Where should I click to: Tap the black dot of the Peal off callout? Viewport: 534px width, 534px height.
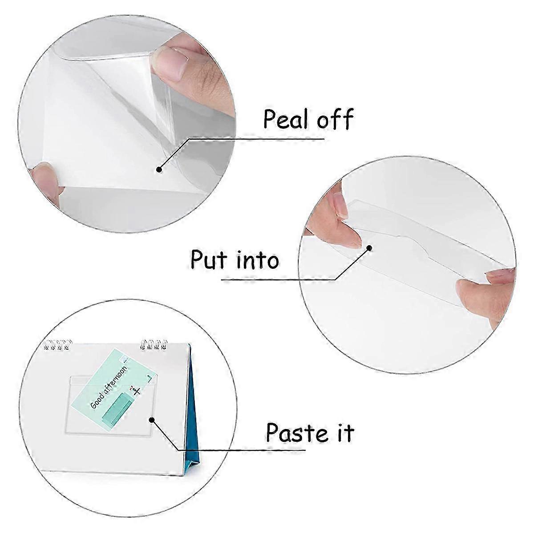tap(159, 169)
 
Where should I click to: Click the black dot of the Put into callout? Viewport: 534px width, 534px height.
tap(369, 247)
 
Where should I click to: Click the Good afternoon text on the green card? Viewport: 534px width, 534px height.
tap(109, 387)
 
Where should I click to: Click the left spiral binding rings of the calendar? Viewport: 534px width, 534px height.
tap(58, 344)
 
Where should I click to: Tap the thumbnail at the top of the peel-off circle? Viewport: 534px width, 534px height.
tap(172, 62)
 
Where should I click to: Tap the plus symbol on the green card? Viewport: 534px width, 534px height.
tap(136, 391)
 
